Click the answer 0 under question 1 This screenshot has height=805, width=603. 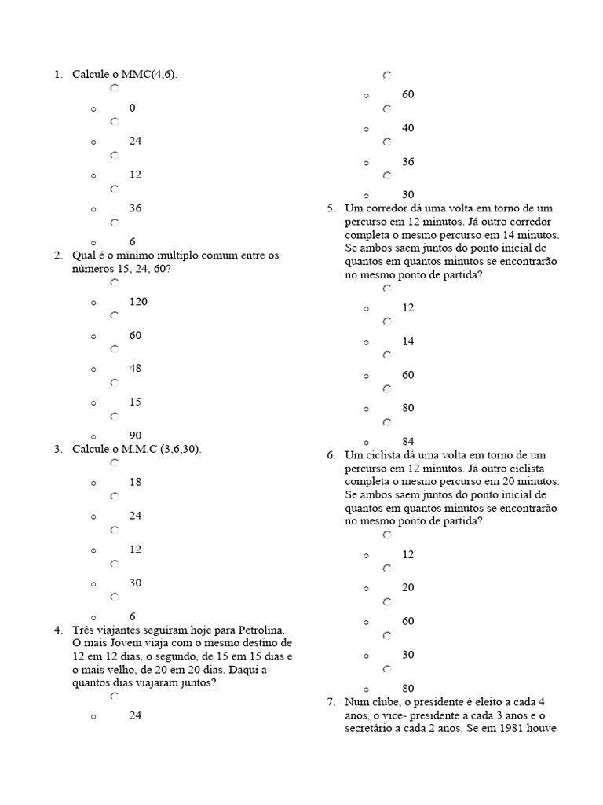[x=133, y=108]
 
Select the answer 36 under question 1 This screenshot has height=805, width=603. [x=136, y=208]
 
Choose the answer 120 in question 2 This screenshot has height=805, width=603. [x=139, y=301]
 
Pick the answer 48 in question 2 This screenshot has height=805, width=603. [x=136, y=368]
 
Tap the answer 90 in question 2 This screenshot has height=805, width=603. [x=136, y=436]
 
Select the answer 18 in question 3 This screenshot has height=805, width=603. [x=136, y=482]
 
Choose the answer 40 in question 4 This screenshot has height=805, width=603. [x=408, y=128]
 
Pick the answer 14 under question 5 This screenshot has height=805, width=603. [x=408, y=341]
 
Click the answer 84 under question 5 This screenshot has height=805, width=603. [x=408, y=442]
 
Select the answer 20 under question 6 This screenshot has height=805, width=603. [x=408, y=587]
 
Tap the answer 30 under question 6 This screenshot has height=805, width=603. [x=408, y=655]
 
